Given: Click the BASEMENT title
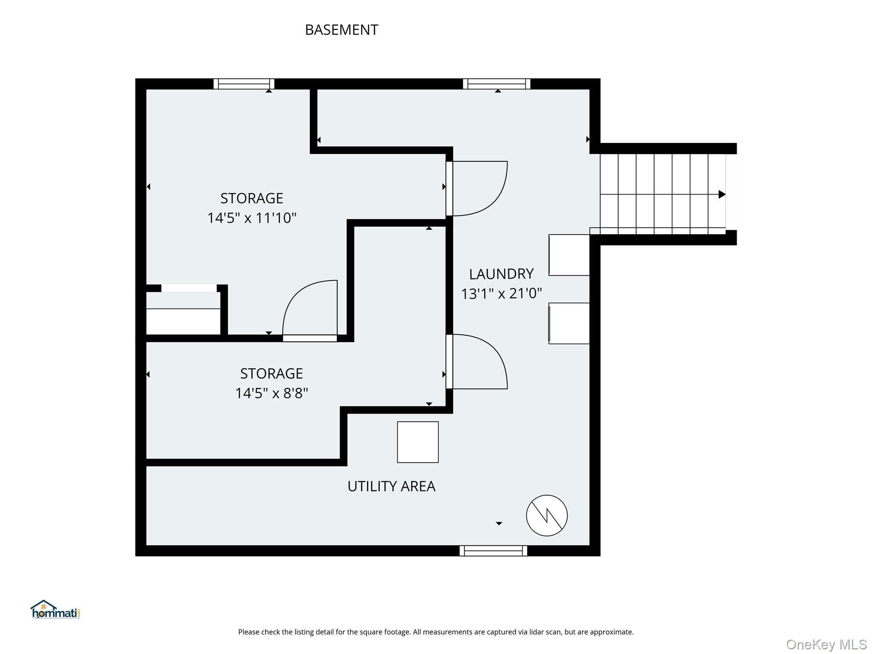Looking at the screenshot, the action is tap(341, 30).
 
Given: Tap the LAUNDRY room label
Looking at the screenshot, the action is tap(501, 274).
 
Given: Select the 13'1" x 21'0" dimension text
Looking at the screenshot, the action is tap(502, 293).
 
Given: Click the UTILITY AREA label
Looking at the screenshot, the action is tap(391, 486).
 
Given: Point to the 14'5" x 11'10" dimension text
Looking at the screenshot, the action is tap(252, 218).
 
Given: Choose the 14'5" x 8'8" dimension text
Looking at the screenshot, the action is tap(272, 393).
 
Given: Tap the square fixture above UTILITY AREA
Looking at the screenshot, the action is tap(418, 442).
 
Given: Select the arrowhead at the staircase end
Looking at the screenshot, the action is tap(722, 195).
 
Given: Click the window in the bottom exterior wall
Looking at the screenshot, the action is tap(493, 551).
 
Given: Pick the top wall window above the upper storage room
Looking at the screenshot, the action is tap(244, 84).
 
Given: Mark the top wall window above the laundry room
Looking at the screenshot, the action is tap(497, 84).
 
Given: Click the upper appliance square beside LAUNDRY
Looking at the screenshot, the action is tap(569, 255).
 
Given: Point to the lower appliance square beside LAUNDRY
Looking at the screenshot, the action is tap(569, 323).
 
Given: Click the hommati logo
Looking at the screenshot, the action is tap(55, 610).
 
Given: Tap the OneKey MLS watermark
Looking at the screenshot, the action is tap(826, 645).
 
